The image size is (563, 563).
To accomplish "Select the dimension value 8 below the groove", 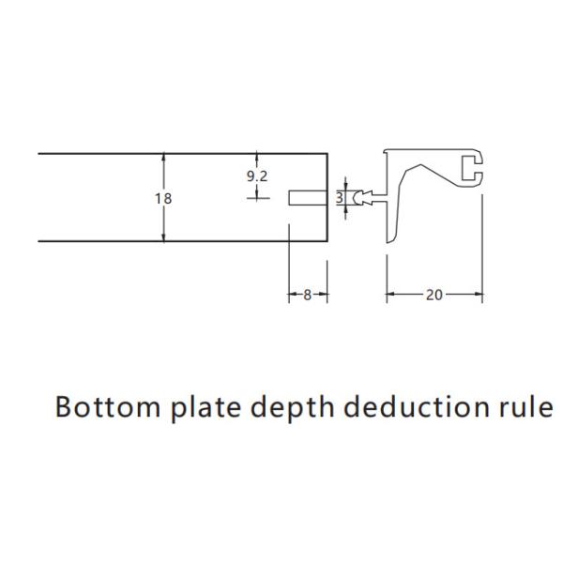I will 308,295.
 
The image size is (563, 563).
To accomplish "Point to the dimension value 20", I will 434,295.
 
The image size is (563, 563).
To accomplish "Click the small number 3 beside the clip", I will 341,198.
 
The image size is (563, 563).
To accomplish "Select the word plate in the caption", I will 198,408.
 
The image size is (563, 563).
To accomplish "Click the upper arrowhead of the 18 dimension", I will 165,158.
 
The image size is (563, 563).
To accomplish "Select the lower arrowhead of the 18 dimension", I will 165,237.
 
